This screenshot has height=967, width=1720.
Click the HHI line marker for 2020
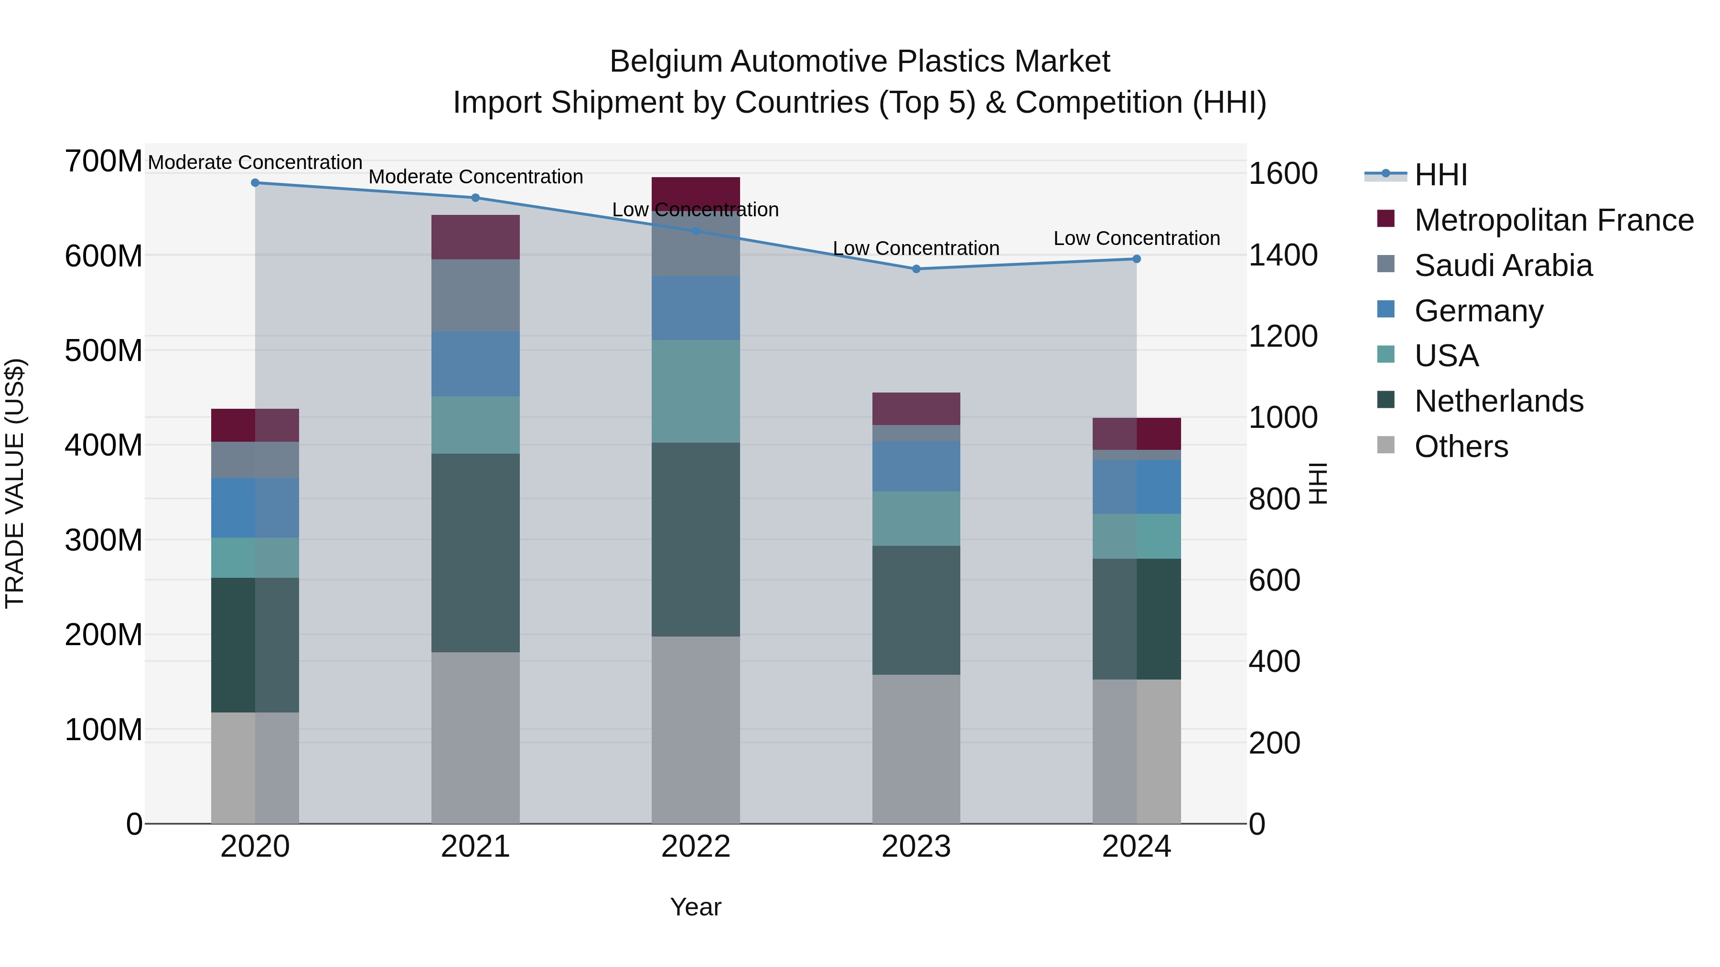click(x=255, y=183)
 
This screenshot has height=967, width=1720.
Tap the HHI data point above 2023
click(x=916, y=269)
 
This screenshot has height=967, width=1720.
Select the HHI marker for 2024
click(x=1137, y=259)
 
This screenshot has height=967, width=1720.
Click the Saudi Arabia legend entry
click(x=1503, y=266)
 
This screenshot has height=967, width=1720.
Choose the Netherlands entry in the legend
click(x=1498, y=401)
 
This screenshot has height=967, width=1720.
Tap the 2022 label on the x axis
click(x=696, y=847)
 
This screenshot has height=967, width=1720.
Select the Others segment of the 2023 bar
click(x=916, y=749)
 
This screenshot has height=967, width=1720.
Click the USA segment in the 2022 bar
click(x=696, y=391)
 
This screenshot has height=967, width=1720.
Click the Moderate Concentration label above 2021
click(x=475, y=177)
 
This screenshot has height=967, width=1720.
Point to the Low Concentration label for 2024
click(x=1137, y=238)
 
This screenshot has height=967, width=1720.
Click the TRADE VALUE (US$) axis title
click(x=15, y=483)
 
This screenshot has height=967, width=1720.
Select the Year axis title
click(x=696, y=907)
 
